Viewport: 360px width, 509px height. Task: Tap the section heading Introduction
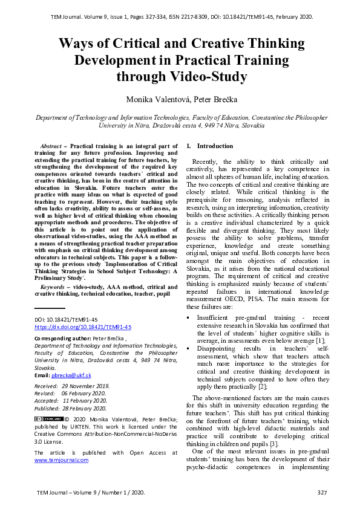pyautogui.click(x=215, y=146)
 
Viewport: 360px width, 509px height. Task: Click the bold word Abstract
pyautogui.click(x=53, y=146)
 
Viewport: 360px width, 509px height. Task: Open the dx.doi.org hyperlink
pyautogui.click(x=83, y=327)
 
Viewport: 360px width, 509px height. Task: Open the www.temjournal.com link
pyautogui.click(x=61, y=460)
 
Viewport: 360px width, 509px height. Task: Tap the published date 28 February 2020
pyautogui.click(x=84, y=407)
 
